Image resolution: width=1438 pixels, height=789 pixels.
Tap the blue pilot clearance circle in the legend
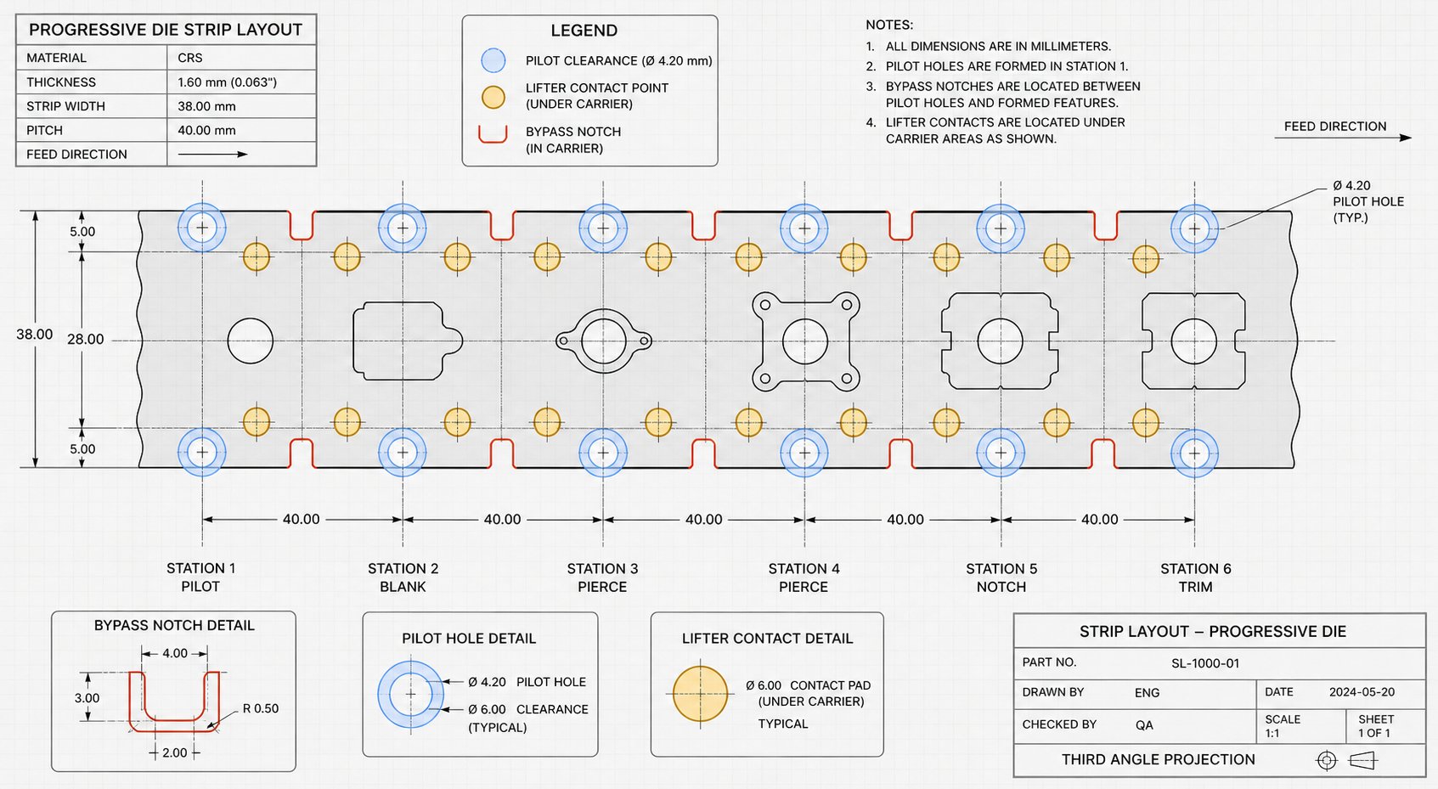tap(493, 60)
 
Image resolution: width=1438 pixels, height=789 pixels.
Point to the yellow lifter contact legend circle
tap(493, 97)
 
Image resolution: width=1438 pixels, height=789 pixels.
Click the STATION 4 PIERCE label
tap(804, 578)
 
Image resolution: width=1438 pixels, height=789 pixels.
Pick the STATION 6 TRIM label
tap(1195, 578)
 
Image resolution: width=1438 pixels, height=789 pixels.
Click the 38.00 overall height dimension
tap(35, 335)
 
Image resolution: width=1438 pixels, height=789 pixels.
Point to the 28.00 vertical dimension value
tap(86, 339)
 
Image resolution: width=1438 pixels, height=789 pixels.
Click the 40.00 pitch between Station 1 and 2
tap(301, 519)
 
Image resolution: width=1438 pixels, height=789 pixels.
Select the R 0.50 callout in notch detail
tap(261, 709)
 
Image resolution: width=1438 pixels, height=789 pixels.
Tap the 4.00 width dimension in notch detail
tap(175, 654)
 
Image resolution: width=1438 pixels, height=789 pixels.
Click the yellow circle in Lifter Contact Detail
tap(701, 694)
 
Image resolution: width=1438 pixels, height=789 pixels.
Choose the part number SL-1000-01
tap(1205, 663)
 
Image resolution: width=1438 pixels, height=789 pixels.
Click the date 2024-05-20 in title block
tap(1362, 692)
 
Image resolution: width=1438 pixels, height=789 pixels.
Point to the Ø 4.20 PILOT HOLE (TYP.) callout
tap(1368, 201)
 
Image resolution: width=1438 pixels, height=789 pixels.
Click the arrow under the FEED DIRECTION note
tap(1343, 138)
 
